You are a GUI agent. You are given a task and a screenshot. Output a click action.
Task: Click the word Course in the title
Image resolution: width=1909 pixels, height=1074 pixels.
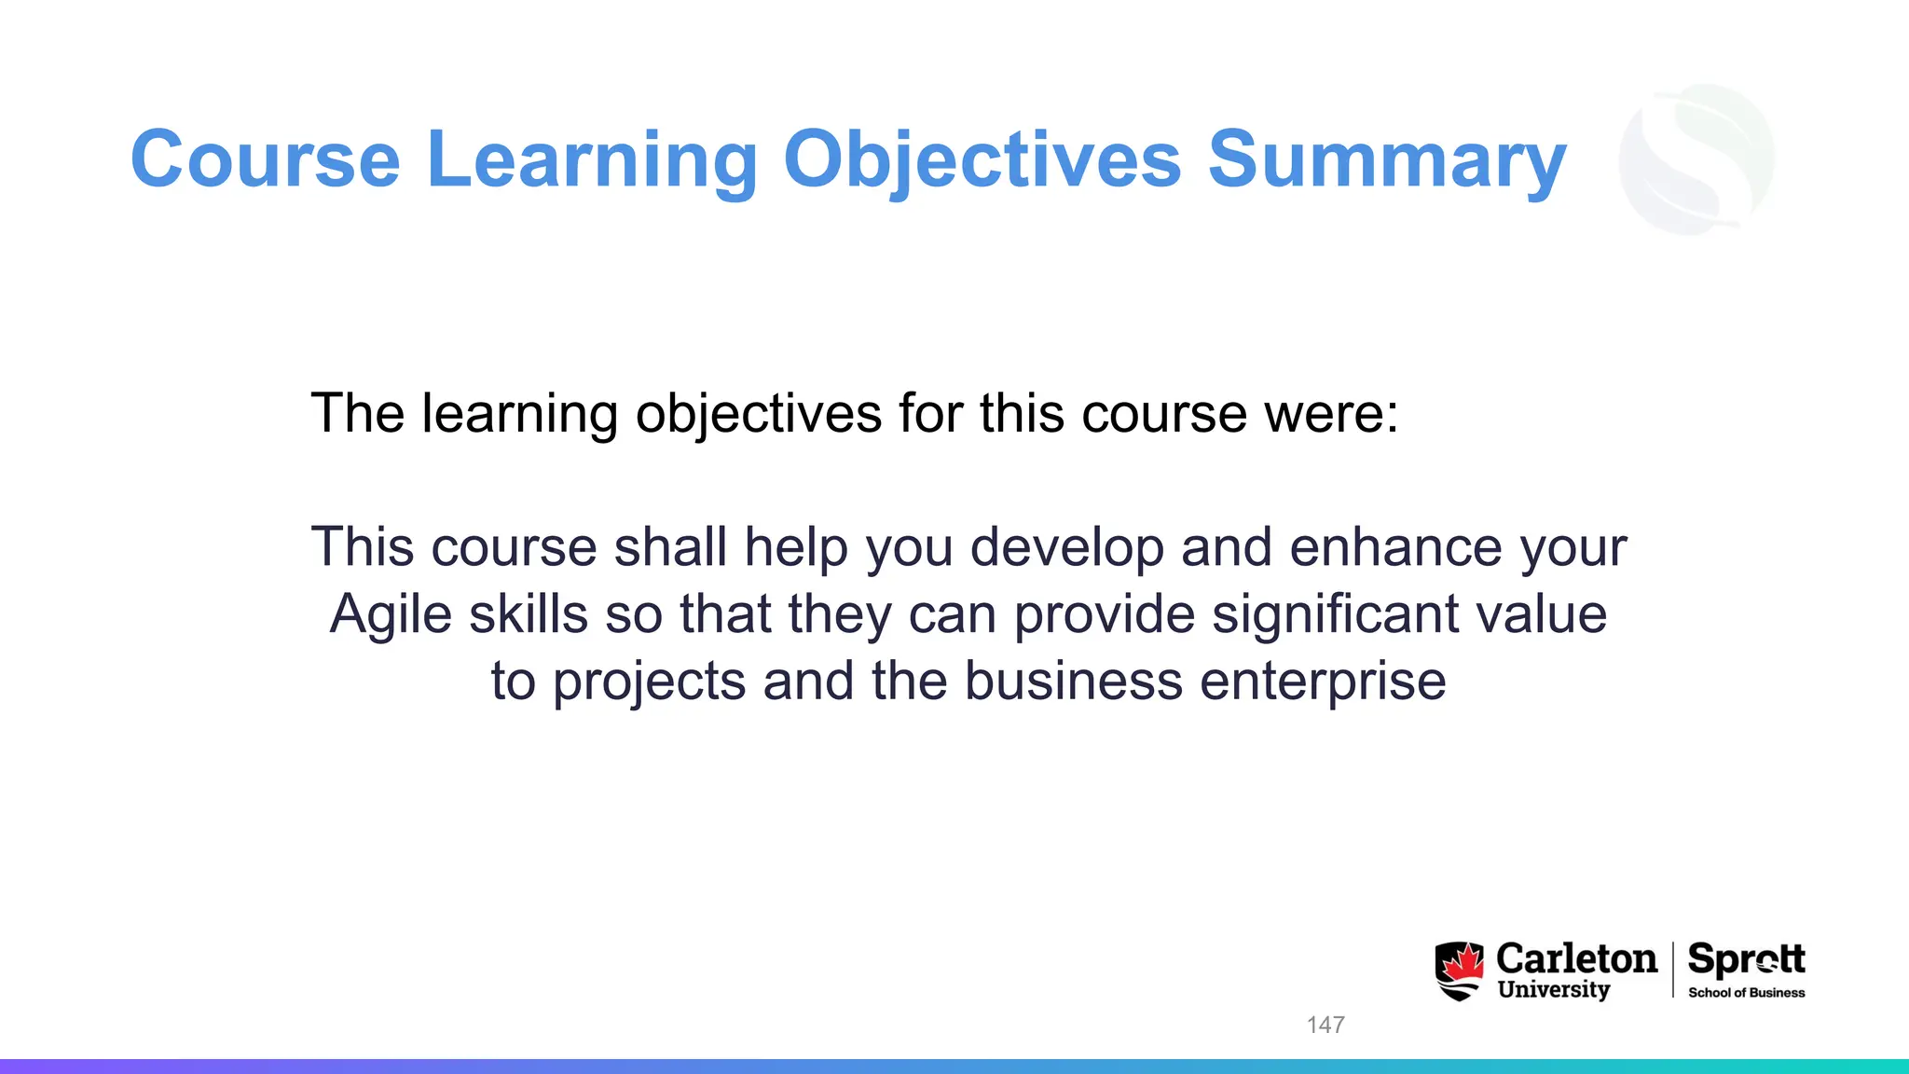coord(266,159)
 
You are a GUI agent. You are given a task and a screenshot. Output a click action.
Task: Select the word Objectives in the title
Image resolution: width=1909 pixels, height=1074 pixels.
coord(982,159)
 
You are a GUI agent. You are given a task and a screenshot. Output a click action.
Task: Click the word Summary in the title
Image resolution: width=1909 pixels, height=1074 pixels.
coord(1387,159)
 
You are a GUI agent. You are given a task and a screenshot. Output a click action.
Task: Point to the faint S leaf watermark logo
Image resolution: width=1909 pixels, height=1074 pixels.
coord(1696,158)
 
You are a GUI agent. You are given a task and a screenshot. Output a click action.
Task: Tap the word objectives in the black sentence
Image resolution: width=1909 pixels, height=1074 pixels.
coord(758,413)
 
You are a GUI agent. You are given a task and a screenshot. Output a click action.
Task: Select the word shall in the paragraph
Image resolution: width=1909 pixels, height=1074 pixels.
coord(670,546)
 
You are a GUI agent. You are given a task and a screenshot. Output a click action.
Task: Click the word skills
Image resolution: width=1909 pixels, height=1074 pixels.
coord(529,614)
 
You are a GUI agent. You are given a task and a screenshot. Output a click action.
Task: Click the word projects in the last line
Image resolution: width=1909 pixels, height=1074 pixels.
coord(649,682)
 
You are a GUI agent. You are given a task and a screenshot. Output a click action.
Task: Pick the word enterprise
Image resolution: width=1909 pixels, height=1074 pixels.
coord(1323,682)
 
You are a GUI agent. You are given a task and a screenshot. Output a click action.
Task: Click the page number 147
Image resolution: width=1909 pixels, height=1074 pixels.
coord(1325,1025)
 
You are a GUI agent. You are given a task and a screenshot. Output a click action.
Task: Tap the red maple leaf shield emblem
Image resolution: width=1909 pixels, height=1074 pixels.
coord(1459,971)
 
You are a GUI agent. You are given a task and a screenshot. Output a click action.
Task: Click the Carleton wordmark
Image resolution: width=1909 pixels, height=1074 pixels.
coord(1576,958)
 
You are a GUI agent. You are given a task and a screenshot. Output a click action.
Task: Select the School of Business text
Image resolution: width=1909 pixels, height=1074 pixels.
coord(1746,993)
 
